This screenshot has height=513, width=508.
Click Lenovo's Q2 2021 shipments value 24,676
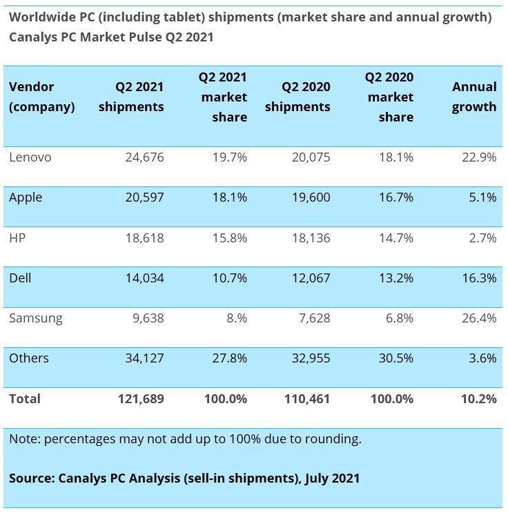coord(144,157)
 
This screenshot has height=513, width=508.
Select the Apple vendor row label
coord(26,197)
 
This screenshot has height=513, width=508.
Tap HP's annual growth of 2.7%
coord(482,238)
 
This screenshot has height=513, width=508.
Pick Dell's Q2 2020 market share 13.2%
coord(396,278)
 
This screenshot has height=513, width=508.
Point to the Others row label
coord(29,358)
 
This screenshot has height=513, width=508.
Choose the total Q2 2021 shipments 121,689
coord(140,398)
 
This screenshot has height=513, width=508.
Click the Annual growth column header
coord(474,97)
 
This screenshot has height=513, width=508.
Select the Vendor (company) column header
coord(41,97)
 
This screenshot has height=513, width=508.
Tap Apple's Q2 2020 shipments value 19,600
coord(307,197)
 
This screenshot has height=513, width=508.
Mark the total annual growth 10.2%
coord(479,398)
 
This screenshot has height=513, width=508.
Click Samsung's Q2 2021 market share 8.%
coord(233,318)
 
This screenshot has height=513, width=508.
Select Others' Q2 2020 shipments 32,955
coord(307,358)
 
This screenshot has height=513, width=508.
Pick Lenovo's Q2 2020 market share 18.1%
coord(396,157)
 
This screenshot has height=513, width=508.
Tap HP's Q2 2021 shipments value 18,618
coord(144,238)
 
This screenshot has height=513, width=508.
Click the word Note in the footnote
coord(23,438)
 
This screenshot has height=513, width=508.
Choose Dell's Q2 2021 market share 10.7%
coord(230,278)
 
